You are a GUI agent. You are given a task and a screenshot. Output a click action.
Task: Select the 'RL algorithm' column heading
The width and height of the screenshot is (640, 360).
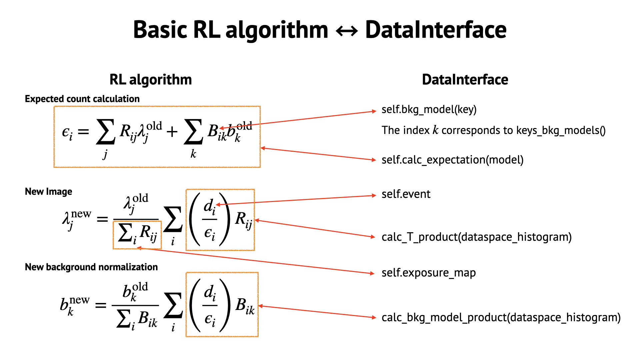pos(151,80)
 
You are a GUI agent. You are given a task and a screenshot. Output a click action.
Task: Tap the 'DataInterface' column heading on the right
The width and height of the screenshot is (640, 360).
pos(465,80)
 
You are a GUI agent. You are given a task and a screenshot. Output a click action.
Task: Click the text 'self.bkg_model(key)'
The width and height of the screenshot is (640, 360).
pos(429,109)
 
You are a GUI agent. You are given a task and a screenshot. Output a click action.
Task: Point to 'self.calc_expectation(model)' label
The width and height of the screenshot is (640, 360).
pos(452,160)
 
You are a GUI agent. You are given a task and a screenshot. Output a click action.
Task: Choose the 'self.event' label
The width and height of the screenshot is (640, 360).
pos(406,194)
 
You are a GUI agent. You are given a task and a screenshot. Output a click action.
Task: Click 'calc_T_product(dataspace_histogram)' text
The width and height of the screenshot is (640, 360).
pos(476,237)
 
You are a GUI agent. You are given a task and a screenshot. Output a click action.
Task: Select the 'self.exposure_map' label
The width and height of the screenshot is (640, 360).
pos(428,273)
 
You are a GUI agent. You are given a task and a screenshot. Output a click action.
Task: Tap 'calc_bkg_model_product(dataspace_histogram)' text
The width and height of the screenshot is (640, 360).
pos(501,317)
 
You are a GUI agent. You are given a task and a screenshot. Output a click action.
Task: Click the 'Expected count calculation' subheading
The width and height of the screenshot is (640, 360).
pos(82,99)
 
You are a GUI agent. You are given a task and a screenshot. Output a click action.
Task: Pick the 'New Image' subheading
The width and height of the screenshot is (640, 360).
pos(48,192)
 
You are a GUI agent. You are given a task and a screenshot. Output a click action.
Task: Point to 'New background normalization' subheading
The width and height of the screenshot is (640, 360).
pos(91,267)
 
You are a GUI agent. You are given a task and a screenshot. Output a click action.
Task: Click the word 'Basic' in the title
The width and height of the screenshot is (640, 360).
pos(160,30)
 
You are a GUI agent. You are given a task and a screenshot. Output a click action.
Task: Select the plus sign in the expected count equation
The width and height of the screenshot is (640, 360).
pos(172,132)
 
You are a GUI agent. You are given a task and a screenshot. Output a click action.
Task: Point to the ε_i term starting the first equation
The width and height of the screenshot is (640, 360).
pos(67,133)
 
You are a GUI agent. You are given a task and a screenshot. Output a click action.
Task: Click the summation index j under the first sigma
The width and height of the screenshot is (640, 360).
pos(105,154)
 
